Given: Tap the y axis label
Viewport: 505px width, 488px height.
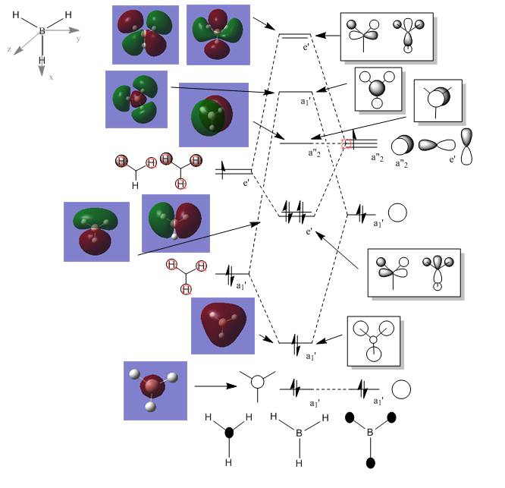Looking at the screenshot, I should (x=79, y=38).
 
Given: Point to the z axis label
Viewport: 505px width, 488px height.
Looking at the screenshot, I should (x=8, y=49).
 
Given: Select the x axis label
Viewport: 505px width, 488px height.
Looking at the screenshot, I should (x=51, y=77).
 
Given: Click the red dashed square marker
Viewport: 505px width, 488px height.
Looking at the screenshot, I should (x=348, y=143).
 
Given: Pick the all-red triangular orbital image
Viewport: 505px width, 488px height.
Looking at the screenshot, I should (x=222, y=326).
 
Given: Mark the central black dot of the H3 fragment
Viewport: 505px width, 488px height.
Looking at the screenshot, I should (x=230, y=433).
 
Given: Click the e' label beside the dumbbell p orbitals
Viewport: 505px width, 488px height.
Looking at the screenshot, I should (x=453, y=160).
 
